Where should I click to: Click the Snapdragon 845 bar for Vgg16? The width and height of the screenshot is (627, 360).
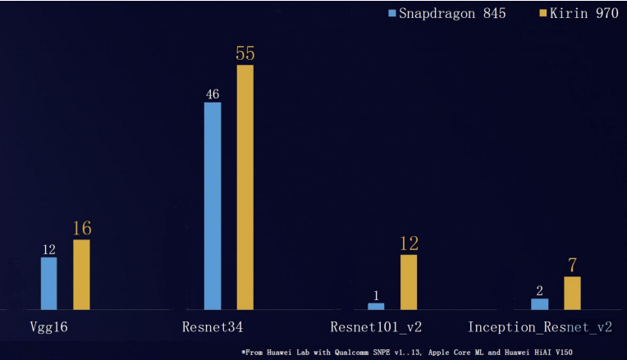(48, 283)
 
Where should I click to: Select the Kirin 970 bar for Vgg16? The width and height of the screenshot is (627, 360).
(81, 274)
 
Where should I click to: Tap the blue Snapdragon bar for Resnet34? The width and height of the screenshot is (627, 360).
(212, 205)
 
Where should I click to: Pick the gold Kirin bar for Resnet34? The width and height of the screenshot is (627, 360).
(245, 187)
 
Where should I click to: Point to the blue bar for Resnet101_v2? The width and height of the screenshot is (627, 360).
(376, 306)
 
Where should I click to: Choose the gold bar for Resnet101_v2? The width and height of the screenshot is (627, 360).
(409, 281)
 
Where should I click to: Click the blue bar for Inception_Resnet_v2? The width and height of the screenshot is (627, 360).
(539, 303)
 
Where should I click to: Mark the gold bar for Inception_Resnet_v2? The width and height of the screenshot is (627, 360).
(572, 293)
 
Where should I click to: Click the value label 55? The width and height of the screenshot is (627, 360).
(245, 54)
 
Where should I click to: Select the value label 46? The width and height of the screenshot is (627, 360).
(212, 93)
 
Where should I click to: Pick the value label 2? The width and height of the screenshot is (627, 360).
(539, 290)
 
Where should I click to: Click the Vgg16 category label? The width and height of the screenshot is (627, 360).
(48, 327)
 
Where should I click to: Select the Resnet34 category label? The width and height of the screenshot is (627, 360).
(213, 327)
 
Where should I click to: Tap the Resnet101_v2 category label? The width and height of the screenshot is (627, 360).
(376, 327)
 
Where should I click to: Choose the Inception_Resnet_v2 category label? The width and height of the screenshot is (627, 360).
(540, 327)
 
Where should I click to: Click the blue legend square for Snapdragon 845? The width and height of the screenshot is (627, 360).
(392, 13)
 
